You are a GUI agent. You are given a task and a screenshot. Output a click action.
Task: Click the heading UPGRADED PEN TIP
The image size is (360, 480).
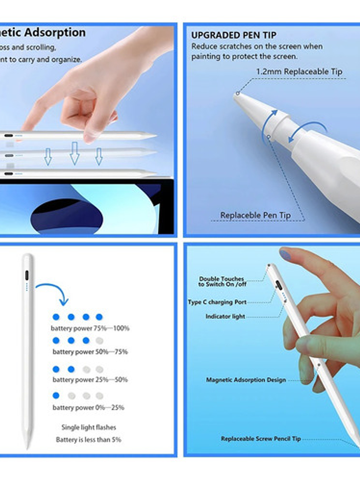(233, 36)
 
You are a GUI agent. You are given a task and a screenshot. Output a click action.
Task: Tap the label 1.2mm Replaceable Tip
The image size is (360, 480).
(299, 72)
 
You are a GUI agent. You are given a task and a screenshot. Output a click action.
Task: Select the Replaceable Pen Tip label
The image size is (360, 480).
(255, 215)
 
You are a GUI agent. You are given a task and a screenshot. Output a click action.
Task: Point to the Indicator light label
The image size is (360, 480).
(225, 317)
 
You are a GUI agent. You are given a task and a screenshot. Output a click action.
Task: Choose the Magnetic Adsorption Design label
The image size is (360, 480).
(246, 380)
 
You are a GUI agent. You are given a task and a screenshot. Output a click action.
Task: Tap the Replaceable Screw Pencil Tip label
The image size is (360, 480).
(261, 439)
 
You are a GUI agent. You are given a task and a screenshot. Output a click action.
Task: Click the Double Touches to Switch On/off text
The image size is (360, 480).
(221, 282)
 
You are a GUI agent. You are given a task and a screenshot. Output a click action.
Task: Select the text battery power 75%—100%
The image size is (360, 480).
(90, 328)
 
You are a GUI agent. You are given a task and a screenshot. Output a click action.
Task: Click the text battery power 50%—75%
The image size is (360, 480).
(90, 352)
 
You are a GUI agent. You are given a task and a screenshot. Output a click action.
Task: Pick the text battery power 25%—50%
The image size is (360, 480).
(90, 380)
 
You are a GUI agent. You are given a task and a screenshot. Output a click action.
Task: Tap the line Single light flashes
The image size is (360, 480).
(89, 427)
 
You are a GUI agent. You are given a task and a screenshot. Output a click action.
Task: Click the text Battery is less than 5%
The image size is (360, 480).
(89, 439)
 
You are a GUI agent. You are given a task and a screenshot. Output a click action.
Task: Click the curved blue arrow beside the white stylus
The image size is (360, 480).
(53, 290)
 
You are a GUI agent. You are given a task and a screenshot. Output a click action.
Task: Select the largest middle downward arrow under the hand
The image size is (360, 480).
(75, 153)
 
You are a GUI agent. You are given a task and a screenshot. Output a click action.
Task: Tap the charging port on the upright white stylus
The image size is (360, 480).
(27, 276)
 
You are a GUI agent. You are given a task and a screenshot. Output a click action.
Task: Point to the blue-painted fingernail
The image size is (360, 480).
(285, 254)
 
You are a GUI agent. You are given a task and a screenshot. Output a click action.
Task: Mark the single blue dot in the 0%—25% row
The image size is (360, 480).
(56, 395)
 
